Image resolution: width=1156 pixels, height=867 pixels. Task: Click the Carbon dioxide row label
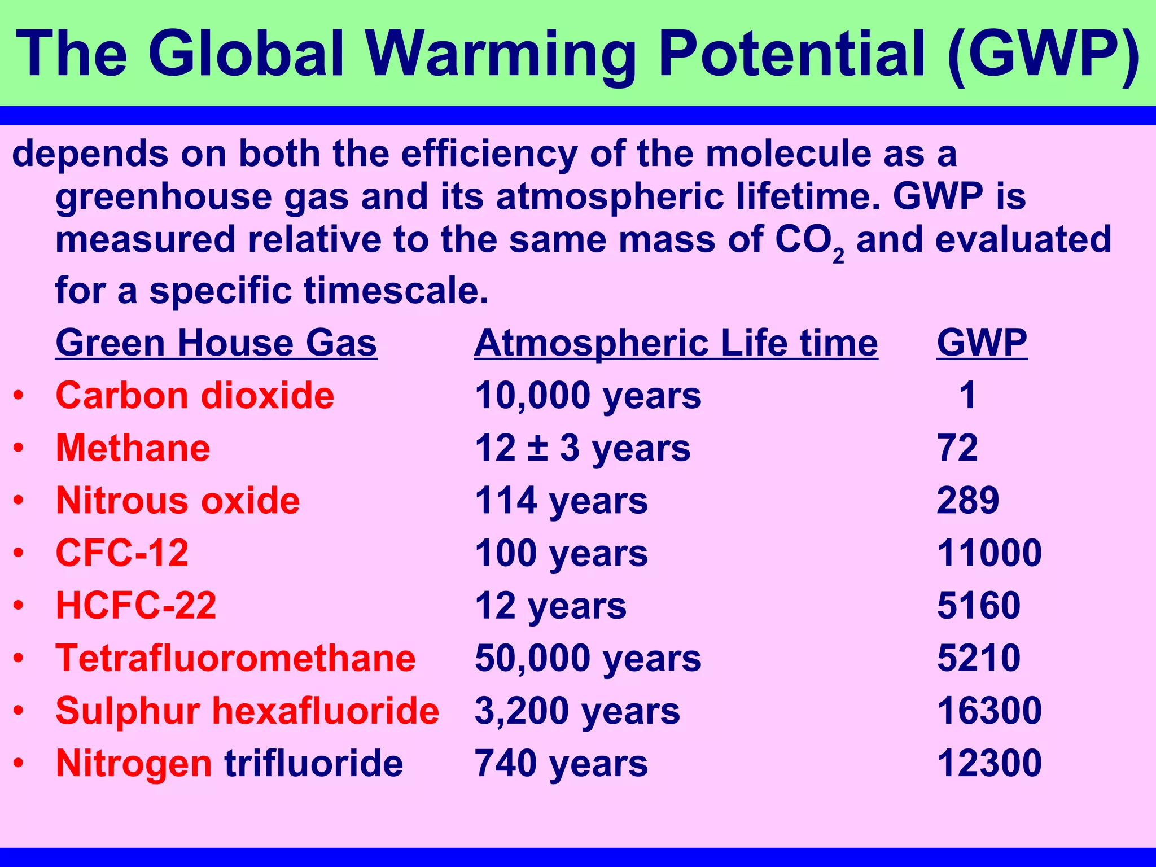point(195,395)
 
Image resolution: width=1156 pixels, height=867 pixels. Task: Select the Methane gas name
point(133,448)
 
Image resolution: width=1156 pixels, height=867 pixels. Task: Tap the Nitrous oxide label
point(178,501)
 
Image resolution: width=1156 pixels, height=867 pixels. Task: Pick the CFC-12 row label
point(122,553)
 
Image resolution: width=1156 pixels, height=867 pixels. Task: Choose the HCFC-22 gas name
point(136,606)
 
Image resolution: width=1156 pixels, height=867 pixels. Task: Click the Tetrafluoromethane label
point(235,658)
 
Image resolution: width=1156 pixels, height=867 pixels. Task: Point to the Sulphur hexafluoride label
point(247,711)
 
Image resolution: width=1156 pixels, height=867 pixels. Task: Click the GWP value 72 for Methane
point(957,448)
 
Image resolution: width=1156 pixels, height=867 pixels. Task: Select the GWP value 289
point(967,501)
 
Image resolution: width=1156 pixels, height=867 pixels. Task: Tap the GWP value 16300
point(989,711)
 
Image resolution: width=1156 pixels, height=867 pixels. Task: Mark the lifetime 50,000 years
point(588,658)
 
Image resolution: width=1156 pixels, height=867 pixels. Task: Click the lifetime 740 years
point(561,763)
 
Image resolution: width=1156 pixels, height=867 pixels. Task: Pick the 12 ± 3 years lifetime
point(583,448)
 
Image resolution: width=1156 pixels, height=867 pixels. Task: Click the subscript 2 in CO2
point(838,256)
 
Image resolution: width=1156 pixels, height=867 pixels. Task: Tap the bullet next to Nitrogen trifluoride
point(19,763)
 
